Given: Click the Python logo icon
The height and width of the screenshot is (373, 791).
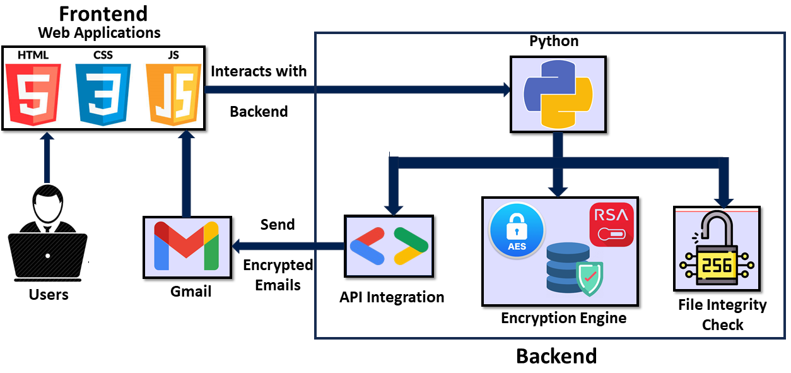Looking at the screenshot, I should pyautogui.click(x=558, y=95).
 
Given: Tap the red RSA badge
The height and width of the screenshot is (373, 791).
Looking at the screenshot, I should pyautogui.click(x=611, y=225).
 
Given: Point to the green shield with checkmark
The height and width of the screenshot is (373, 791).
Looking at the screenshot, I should pyautogui.click(x=589, y=278).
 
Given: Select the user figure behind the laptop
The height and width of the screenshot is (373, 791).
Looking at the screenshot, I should pyautogui.click(x=47, y=237).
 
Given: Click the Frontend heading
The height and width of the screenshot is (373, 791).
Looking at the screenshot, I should pyautogui.click(x=103, y=13).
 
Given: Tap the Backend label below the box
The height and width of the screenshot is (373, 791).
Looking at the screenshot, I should pyautogui.click(x=556, y=356).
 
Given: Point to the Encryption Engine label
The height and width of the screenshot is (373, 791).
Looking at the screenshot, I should pyautogui.click(x=563, y=317).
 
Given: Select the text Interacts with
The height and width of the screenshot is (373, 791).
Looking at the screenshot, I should pyautogui.click(x=259, y=71).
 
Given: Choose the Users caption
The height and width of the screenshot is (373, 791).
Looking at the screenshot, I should pyautogui.click(x=49, y=294).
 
